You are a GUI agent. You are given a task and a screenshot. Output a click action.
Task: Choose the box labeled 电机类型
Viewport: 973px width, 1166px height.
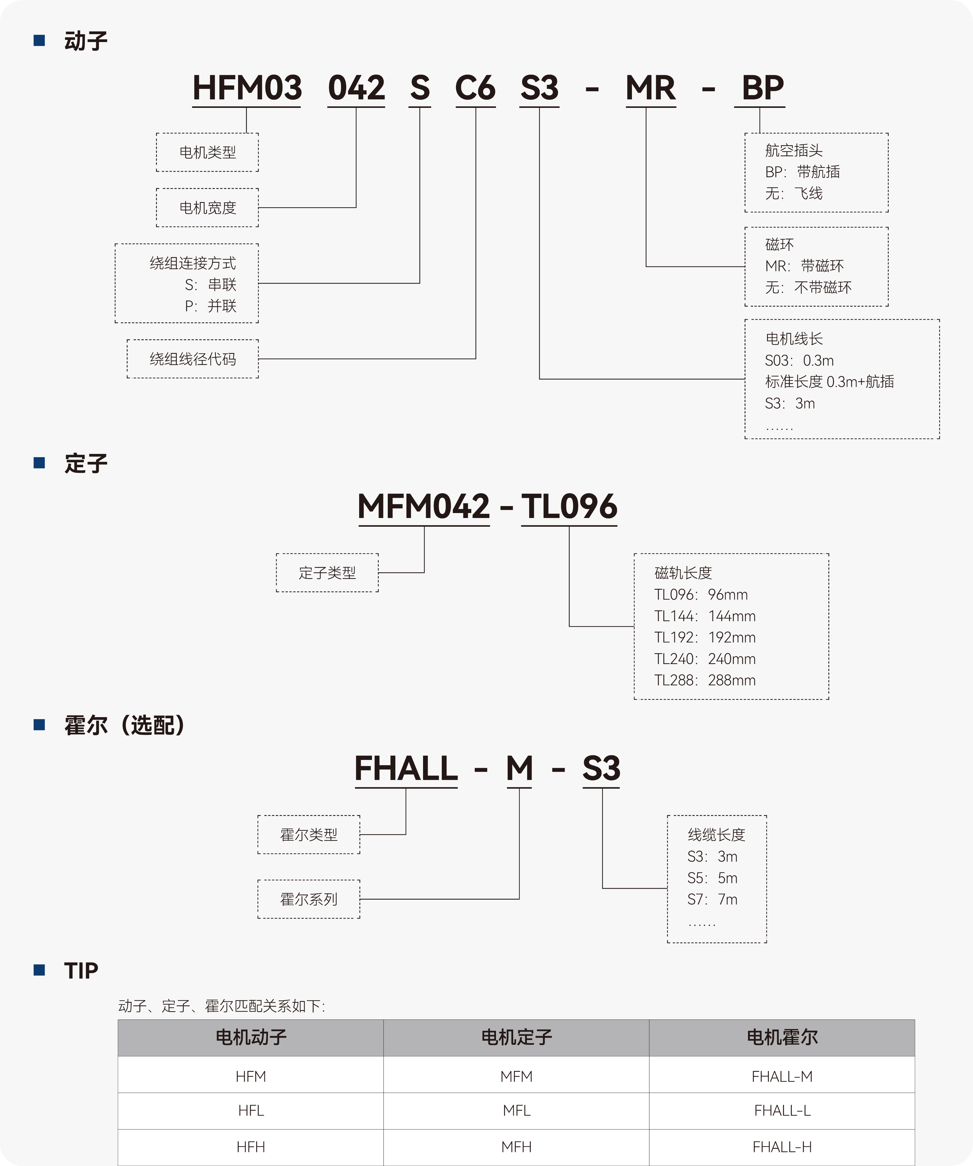click(207, 152)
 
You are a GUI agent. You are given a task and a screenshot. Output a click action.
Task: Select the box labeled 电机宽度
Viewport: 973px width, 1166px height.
click(207, 208)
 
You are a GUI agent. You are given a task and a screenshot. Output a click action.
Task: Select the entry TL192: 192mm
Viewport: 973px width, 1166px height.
click(705, 638)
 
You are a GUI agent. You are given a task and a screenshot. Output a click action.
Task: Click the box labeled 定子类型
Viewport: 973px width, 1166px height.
click(327, 573)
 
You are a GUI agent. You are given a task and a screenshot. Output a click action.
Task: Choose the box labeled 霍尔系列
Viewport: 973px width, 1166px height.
click(308, 899)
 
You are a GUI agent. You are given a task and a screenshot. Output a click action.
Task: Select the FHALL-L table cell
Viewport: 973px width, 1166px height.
click(782, 1111)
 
